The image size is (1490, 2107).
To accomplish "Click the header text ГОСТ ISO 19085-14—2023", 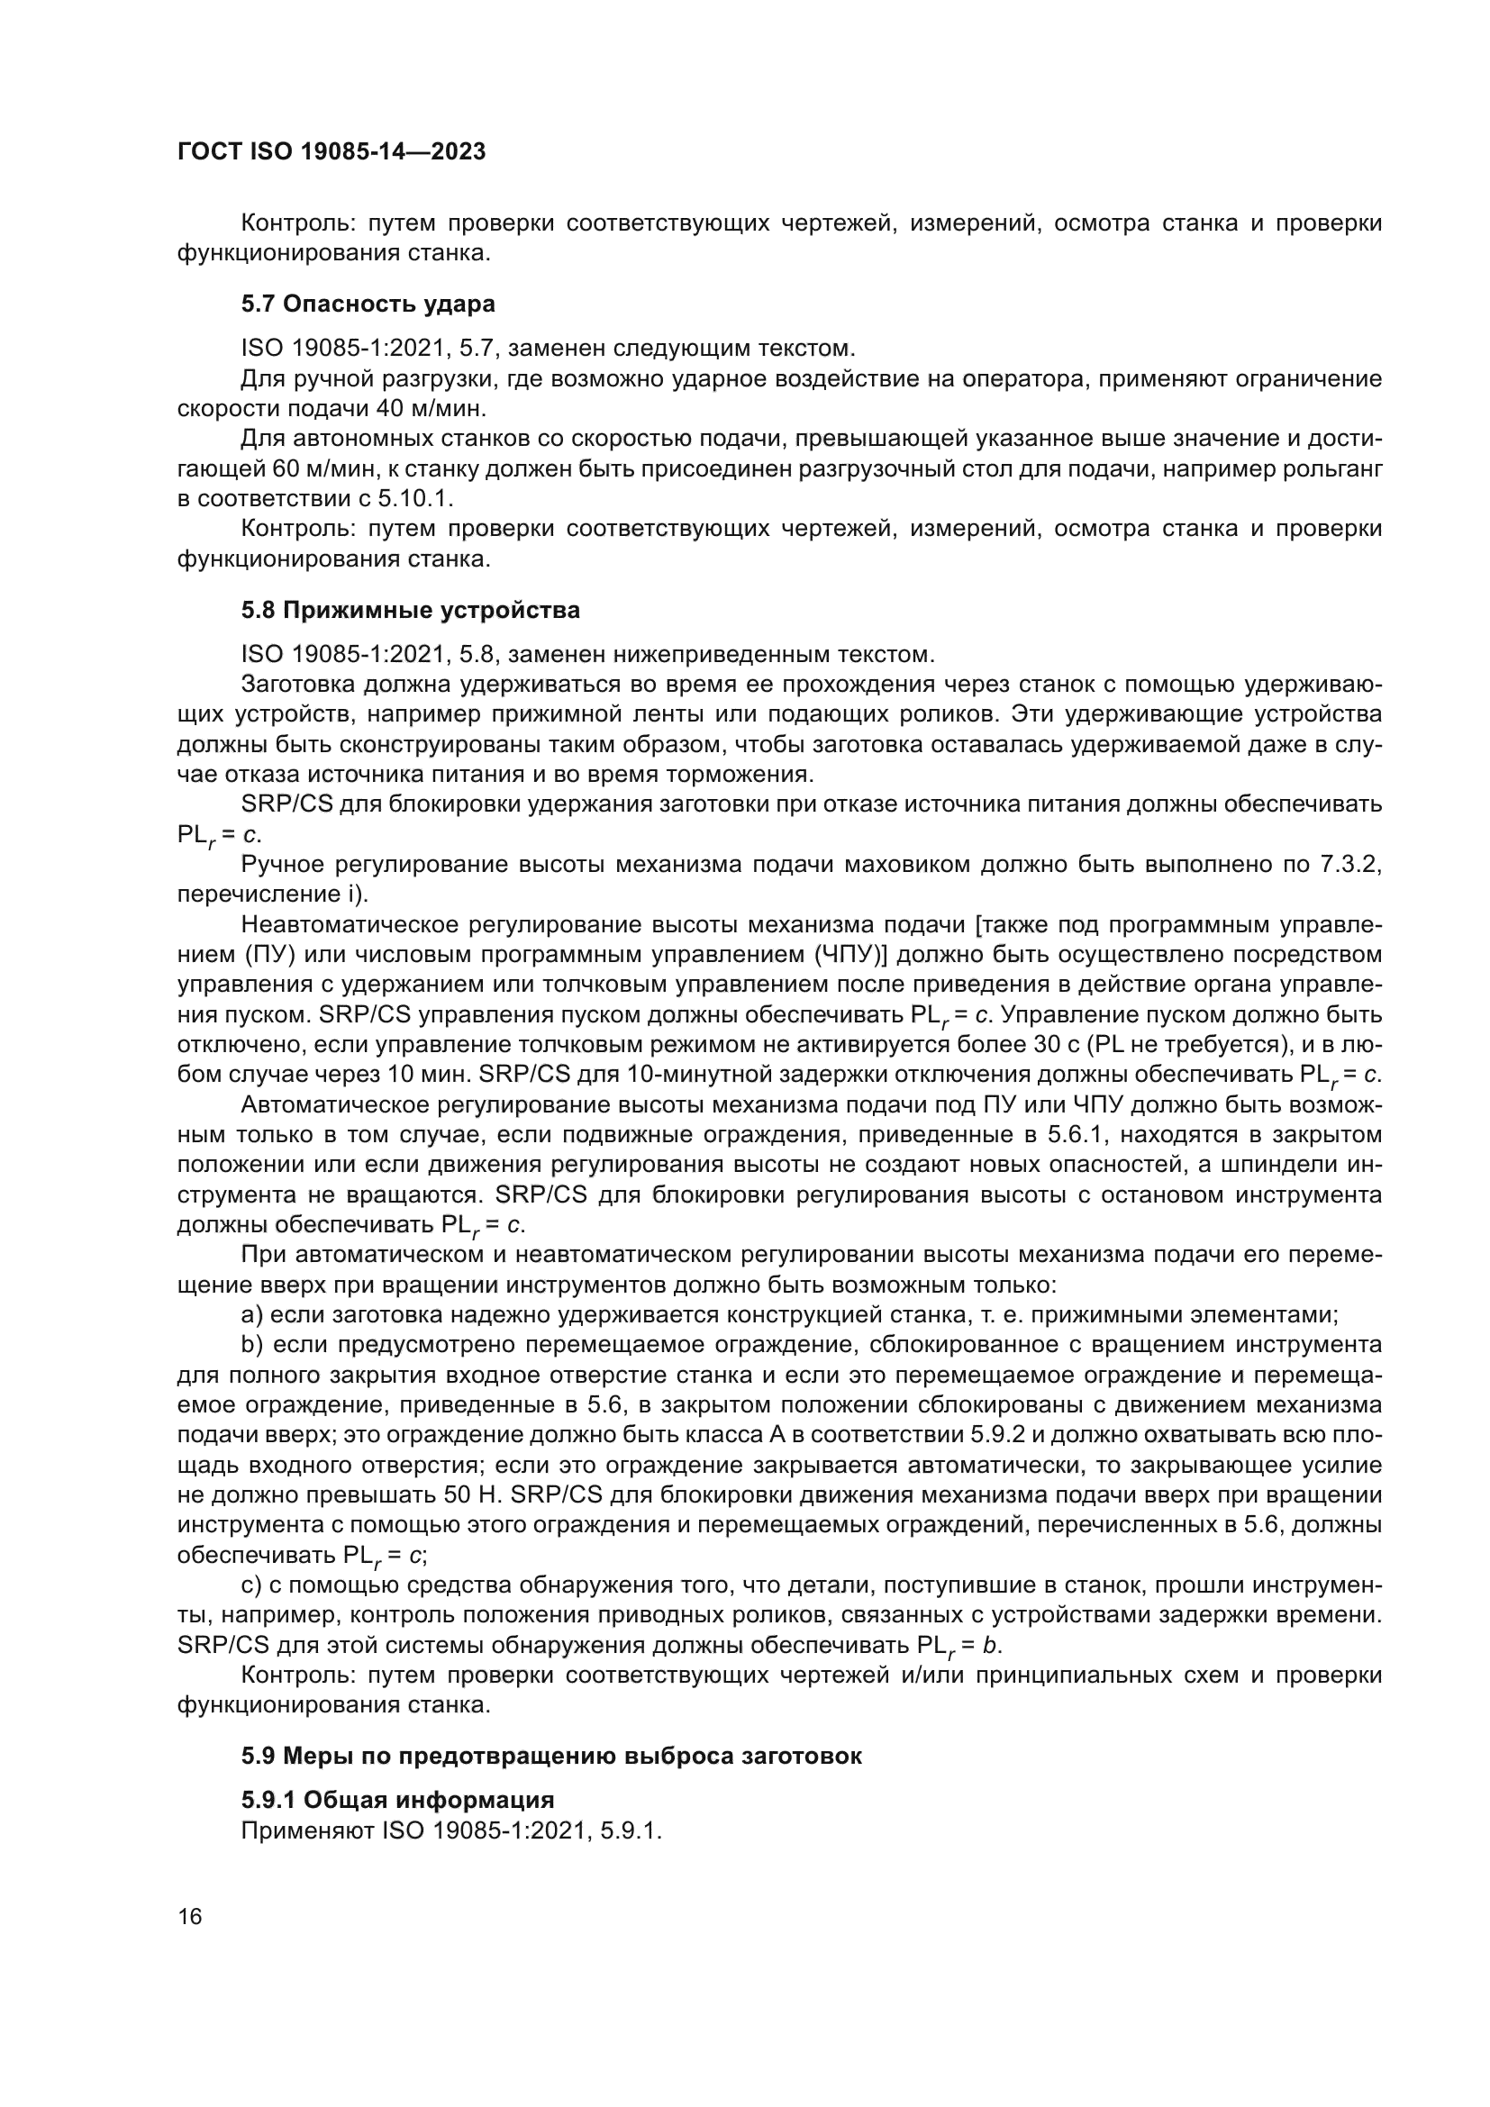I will pyautogui.click(x=332, y=152).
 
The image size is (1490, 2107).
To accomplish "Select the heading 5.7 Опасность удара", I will pyautogui.click(x=368, y=304).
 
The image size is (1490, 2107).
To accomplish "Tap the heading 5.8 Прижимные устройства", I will pyautogui.click(x=410, y=610).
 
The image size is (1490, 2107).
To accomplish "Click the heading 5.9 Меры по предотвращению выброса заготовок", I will pyautogui.click(x=551, y=1757).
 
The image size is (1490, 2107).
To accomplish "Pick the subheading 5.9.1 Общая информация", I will pyautogui.click(x=397, y=1800).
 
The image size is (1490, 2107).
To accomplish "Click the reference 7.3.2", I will pyautogui.click(x=1345, y=865).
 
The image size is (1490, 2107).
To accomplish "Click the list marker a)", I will pyautogui.click(x=252, y=1315).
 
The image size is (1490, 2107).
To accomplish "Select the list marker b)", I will pyautogui.click(x=252, y=1345).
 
